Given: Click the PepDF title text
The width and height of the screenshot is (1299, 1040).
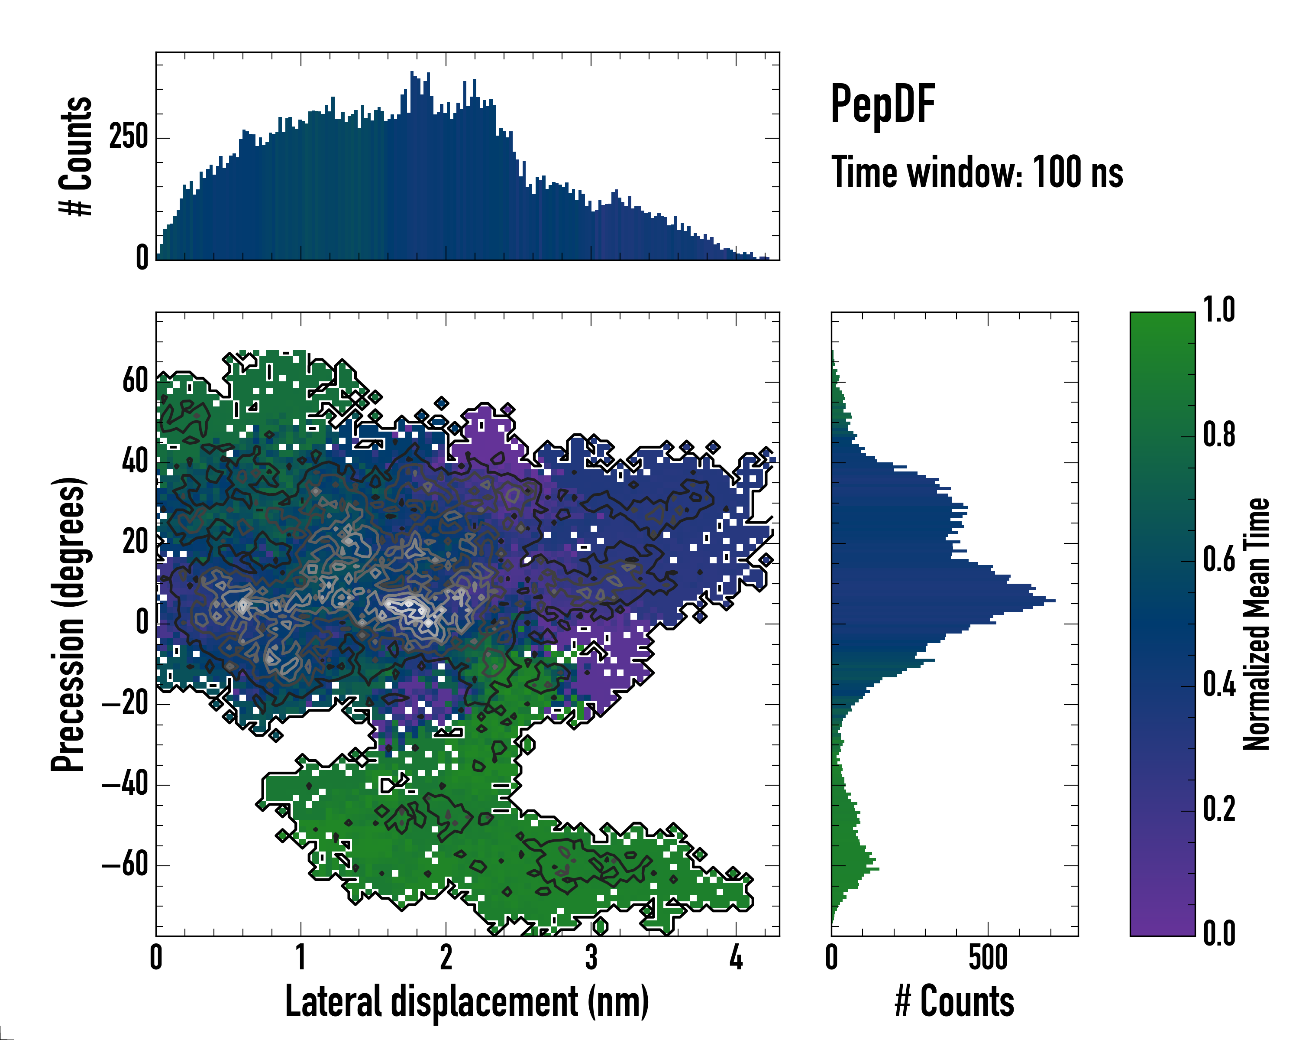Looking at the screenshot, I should tap(882, 105).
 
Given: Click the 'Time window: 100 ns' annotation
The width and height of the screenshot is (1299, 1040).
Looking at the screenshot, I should tap(977, 172).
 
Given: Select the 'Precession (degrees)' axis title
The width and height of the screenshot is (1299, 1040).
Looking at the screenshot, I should tap(68, 624).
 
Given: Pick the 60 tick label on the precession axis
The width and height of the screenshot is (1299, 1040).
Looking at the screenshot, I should tap(135, 381).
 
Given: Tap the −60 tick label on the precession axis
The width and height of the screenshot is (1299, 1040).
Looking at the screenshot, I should tap(125, 865).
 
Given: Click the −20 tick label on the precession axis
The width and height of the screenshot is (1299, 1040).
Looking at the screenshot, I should tap(125, 704).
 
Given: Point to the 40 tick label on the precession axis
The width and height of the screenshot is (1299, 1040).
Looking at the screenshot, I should tap(135, 462).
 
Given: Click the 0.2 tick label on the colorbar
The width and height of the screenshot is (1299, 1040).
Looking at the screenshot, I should tap(1219, 809).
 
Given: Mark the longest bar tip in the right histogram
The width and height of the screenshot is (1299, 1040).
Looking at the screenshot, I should tap(1054, 601).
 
